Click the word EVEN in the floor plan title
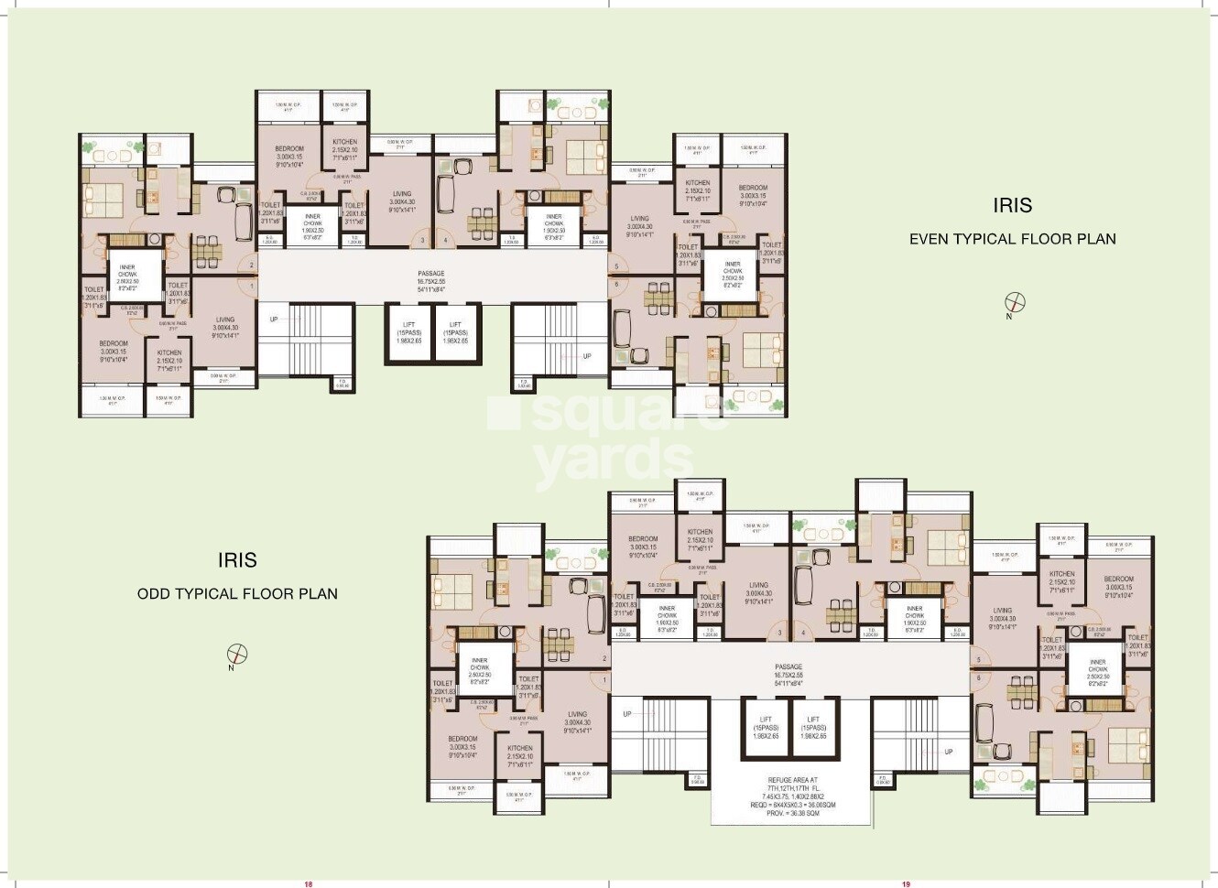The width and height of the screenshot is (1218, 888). pos(929,239)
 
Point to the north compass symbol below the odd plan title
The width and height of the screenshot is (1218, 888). pos(237,654)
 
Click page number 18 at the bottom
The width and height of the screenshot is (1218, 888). pos(309,883)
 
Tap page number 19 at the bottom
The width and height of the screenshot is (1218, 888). pos(906,883)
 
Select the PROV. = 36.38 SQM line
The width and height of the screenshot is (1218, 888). pos(788,812)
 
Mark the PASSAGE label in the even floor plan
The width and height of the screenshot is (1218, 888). pos(431,274)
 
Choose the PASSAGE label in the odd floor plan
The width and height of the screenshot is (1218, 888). pos(788,666)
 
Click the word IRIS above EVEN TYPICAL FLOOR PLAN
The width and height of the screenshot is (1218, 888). pos(1013,204)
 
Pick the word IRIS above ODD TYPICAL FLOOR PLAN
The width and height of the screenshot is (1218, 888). pos(237,559)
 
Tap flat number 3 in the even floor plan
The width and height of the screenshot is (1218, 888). pos(422,242)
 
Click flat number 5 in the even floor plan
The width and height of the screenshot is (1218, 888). pos(617,267)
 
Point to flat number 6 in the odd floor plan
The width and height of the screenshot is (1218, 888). pos(978,678)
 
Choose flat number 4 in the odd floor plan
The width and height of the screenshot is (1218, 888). pos(803,634)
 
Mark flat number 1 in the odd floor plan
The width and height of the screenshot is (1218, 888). pos(604,679)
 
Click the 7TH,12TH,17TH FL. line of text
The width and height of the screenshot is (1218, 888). pos(788,788)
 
